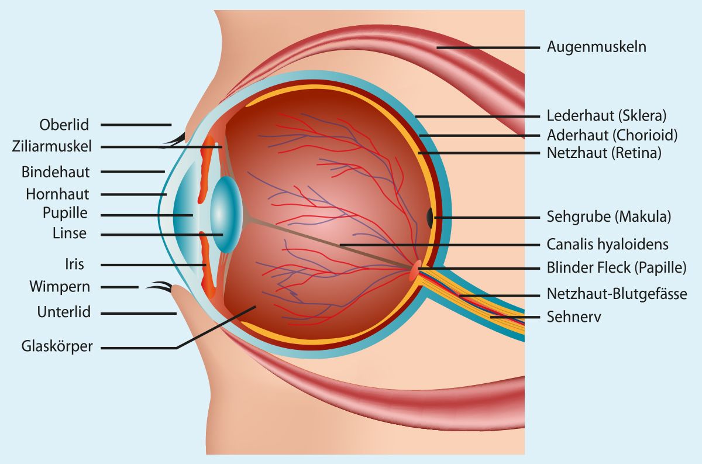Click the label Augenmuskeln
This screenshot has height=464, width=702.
coord(596,47)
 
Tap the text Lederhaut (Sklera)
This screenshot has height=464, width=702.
coord(607,116)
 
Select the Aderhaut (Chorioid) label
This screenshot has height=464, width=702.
coord(612,135)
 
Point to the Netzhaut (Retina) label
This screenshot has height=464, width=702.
coord(604,153)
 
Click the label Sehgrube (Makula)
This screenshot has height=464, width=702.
coord(609,216)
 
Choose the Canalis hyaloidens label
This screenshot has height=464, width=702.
coord(607,244)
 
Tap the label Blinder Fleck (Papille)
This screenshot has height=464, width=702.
coord(617,268)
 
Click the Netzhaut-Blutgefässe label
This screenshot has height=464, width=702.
coord(617,294)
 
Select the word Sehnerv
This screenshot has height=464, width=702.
coord(574,317)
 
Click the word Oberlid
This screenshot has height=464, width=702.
coord(64,125)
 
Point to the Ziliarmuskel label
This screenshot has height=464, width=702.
coord(51,146)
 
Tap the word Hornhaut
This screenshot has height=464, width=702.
coord(57,194)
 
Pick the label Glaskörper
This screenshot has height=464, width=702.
coord(57,347)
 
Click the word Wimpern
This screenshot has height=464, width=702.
coord(60,287)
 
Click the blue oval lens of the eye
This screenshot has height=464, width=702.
coord(226,214)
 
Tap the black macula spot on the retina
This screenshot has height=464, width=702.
coord(430,218)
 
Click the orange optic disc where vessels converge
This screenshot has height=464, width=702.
coord(414,270)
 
